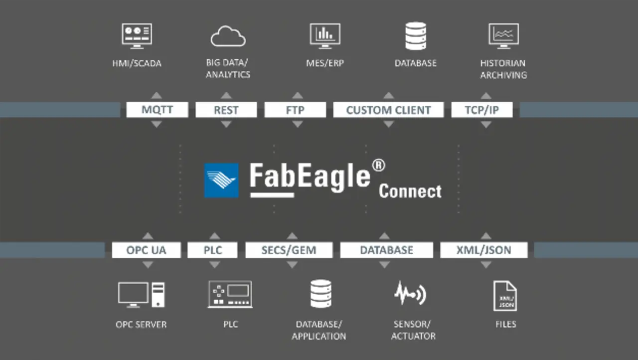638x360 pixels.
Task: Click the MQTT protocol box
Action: point(157,110)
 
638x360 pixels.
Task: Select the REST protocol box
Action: point(226,110)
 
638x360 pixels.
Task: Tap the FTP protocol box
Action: point(295,110)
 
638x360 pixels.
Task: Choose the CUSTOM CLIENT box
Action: point(388,110)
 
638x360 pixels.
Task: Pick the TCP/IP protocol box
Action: point(482,110)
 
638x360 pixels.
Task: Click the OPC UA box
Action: point(147,250)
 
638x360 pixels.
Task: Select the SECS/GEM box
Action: point(289,250)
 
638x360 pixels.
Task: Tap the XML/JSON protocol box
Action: point(484,250)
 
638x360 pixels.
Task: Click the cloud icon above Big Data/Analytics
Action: point(228,36)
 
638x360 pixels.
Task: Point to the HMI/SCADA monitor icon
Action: point(137,36)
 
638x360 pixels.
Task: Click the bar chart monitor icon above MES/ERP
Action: point(325,36)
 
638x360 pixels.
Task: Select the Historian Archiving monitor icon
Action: point(503,36)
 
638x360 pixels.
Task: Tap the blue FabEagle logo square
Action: point(221,180)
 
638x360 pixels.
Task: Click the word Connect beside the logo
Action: point(410,191)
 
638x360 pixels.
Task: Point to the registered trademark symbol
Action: point(378,165)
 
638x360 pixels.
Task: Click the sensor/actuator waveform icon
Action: point(410,293)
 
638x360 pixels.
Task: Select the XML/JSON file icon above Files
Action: point(505,296)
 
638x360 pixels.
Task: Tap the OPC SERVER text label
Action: point(141,325)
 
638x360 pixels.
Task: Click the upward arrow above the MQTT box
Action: point(157,95)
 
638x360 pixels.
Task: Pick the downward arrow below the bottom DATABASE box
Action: point(384,265)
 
